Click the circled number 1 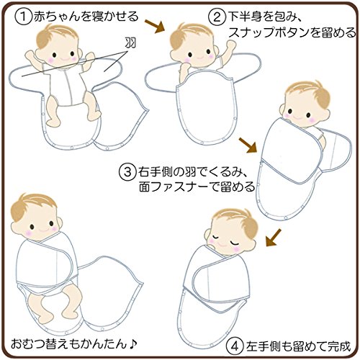tap(24, 17)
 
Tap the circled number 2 tap(217, 17)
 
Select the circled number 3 tap(127, 172)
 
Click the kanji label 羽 tap(131, 42)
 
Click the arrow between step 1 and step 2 tap(155, 26)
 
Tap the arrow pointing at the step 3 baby tap(248, 145)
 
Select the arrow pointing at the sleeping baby tap(274, 237)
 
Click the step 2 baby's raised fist tap(231, 45)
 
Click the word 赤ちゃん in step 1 tap(56, 17)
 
